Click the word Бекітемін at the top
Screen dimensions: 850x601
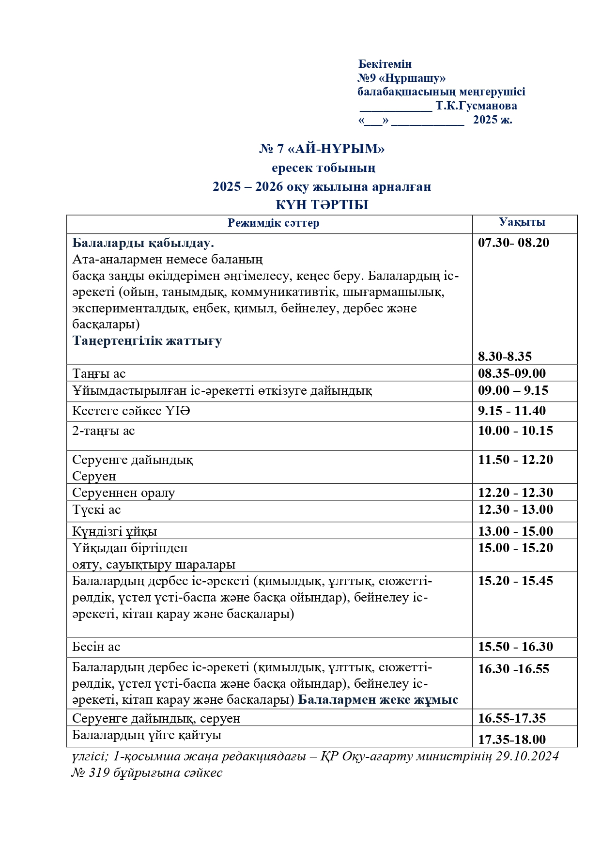[x=385, y=64]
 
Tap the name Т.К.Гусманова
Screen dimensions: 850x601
[x=476, y=106]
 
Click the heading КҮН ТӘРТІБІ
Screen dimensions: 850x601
[x=322, y=205]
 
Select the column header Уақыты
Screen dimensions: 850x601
[x=522, y=222]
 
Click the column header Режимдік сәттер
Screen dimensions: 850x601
[x=273, y=223]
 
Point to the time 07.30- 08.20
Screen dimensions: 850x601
[x=513, y=243]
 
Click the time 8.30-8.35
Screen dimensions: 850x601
[x=505, y=356]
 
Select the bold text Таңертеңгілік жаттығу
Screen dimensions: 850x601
[x=147, y=340]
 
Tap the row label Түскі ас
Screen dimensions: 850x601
[x=96, y=510]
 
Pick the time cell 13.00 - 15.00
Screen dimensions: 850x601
[x=515, y=531]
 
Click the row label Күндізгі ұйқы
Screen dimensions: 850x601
[x=114, y=531]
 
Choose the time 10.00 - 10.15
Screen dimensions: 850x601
[x=515, y=431]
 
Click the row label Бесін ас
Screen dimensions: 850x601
[x=96, y=647]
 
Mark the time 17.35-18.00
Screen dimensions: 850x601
[x=512, y=739]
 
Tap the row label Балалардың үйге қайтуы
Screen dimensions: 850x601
[x=147, y=735]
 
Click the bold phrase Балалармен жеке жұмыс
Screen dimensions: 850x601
[x=378, y=700]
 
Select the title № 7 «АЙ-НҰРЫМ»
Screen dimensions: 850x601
[x=322, y=149]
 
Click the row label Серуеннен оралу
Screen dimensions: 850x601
[x=123, y=493]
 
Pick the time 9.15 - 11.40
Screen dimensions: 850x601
[x=512, y=411]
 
